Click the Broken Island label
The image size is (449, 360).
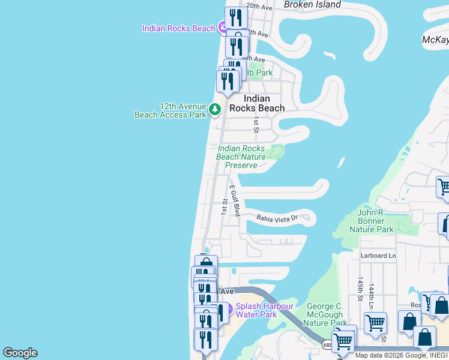(x=312, y=5)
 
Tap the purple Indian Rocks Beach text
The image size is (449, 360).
(x=178, y=28)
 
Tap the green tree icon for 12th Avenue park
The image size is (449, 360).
(x=215, y=110)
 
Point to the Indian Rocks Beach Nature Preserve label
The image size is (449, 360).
(x=241, y=157)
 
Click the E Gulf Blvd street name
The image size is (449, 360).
(x=235, y=200)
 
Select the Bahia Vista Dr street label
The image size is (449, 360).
(x=277, y=220)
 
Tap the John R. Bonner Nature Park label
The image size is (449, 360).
(x=375, y=221)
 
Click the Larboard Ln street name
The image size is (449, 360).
(x=378, y=256)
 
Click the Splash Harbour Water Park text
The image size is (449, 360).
(x=264, y=310)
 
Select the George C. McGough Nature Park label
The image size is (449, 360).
(x=325, y=314)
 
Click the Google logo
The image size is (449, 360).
(x=20, y=353)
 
